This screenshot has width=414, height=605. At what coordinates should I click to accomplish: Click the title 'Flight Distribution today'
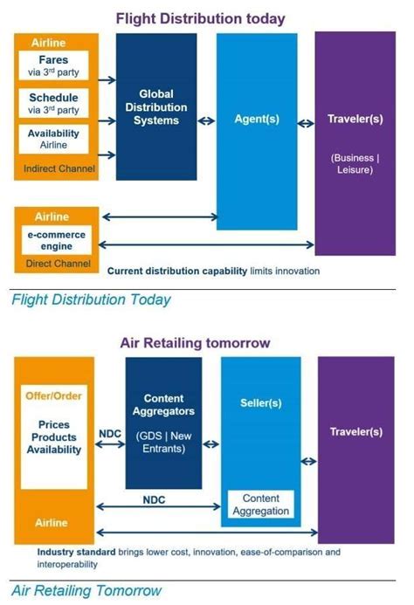click(207, 17)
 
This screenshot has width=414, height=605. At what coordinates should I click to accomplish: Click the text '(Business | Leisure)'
click(354, 165)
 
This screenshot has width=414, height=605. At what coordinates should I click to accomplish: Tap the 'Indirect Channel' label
click(54, 168)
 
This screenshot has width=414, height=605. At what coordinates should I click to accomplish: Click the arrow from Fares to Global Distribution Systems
click(107, 79)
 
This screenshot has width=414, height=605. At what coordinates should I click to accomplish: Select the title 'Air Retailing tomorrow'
click(207, 343)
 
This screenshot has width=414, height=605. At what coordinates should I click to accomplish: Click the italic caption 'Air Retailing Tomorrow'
click(86, 589)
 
